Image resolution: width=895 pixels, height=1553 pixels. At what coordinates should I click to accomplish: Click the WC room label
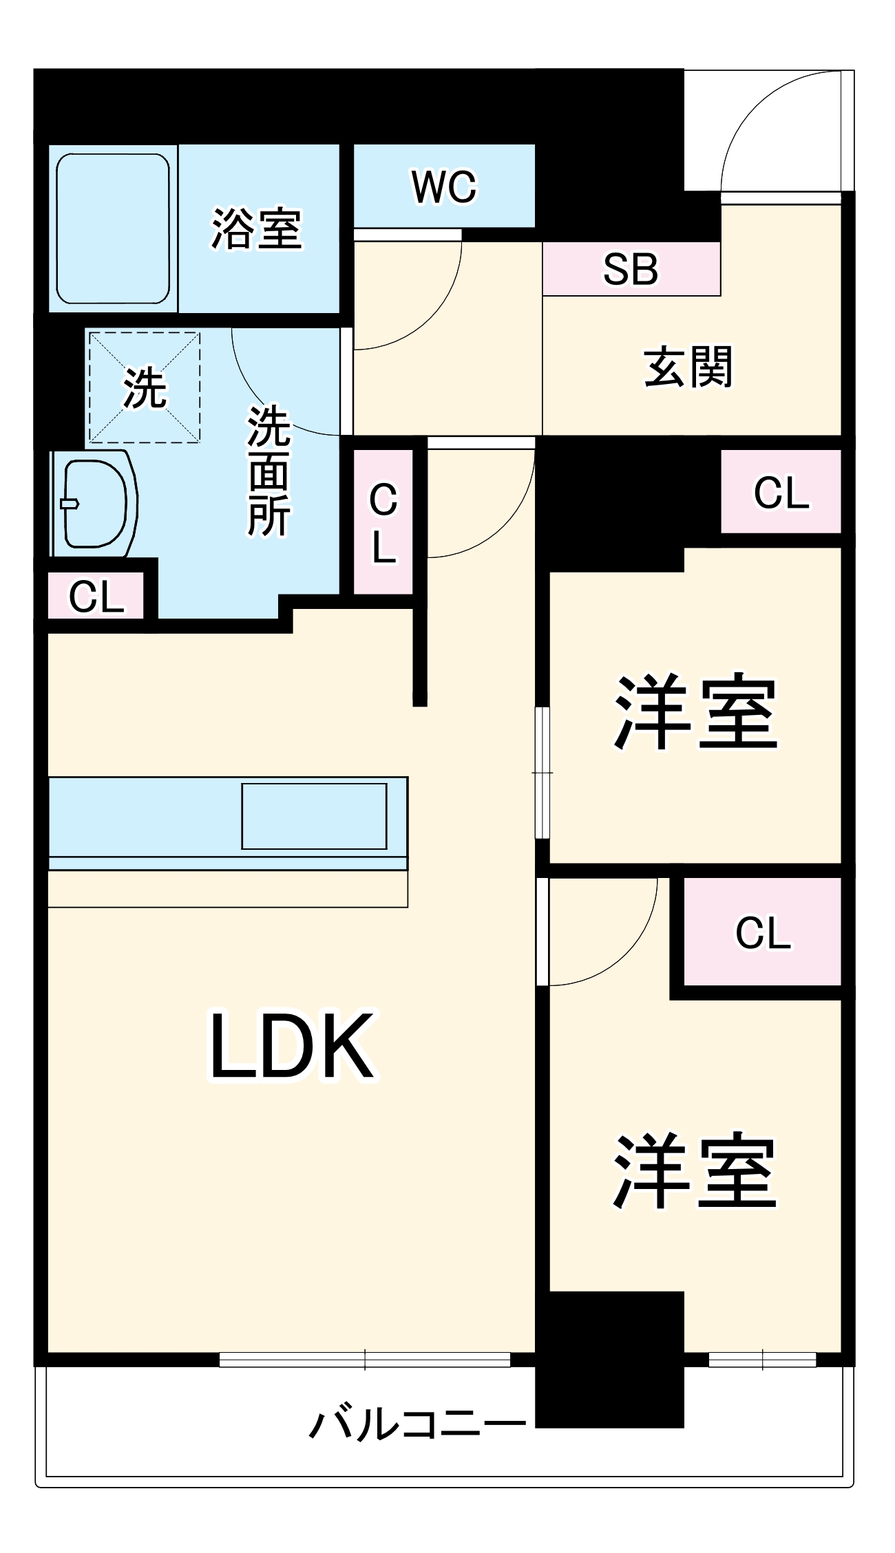[x=444, y=186]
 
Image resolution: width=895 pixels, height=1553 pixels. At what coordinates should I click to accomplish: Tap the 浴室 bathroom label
[x=256, y=228]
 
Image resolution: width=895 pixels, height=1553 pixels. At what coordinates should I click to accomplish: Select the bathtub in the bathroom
[x=113, y=228]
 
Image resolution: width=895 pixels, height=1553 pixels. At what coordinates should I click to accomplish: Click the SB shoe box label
[x=631, y=269]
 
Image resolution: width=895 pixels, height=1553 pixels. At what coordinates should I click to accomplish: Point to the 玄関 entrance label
[x=688, y=367]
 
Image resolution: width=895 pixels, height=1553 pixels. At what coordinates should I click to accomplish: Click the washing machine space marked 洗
[x=145, y=387]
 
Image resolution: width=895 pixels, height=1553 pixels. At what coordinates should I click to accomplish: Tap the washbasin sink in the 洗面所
[x=95, y=504]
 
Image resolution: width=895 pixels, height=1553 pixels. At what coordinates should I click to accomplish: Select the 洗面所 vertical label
[x=268, y=471]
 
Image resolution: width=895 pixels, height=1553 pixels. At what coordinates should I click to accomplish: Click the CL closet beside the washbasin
[x=96, y=597]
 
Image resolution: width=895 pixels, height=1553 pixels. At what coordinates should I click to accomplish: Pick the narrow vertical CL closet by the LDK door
[x=383, y=522]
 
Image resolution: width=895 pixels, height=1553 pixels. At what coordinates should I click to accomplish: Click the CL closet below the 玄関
[x=781, y=492]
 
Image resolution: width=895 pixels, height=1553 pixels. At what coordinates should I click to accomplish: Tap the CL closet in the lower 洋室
[x=763, y=932]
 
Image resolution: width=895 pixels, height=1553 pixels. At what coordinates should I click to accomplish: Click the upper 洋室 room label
[x=695, y=712]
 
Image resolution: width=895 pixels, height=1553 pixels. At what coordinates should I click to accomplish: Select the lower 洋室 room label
[x=695, y=1171]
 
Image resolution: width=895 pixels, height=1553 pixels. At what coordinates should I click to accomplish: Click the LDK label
[x=293, y=1046]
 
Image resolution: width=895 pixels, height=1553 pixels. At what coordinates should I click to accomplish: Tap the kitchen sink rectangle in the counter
[x=314, y=816]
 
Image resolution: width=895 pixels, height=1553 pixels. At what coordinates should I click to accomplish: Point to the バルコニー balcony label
[x=417, y=1424]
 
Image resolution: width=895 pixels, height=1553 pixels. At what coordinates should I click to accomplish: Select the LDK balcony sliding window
[x=365, y=1360]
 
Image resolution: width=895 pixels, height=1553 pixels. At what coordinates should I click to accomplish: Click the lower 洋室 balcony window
[x=762, y=1360]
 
